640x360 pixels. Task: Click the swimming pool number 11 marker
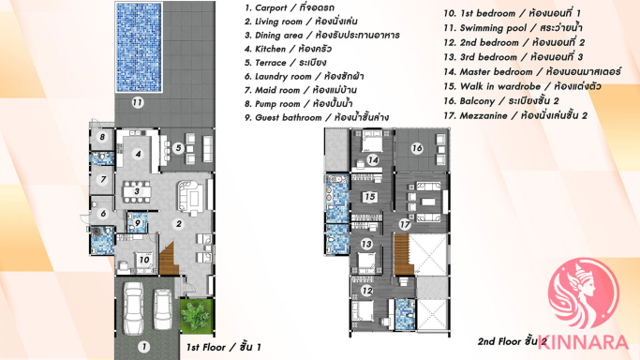click(138, 102)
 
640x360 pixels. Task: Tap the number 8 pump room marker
click(102, 137)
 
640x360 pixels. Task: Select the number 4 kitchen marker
click(139, 154)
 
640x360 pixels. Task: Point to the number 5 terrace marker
click(178, 148)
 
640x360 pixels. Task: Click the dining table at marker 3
click(137, 191)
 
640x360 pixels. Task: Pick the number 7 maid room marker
click(102, 179)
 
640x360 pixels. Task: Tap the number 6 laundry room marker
click(103, 213)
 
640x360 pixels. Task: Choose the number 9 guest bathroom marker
click(138, 223)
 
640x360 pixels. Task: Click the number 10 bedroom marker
click(144, 260)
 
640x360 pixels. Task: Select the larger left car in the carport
click(133, 308)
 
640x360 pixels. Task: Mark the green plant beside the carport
click(197, 315)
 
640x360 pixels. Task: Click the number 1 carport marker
click(143, 347)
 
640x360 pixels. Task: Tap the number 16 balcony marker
click(417, 148)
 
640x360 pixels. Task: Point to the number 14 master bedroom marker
click(372, 160)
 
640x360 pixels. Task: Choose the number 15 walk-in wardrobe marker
click(370, 197)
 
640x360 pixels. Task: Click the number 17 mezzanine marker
click(405, 224)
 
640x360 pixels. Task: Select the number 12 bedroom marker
click(366, 291)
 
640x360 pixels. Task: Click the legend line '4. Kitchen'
click(289, 49)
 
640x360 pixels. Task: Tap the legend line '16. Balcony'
click(501, 101)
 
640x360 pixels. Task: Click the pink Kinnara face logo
click(583, 293)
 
